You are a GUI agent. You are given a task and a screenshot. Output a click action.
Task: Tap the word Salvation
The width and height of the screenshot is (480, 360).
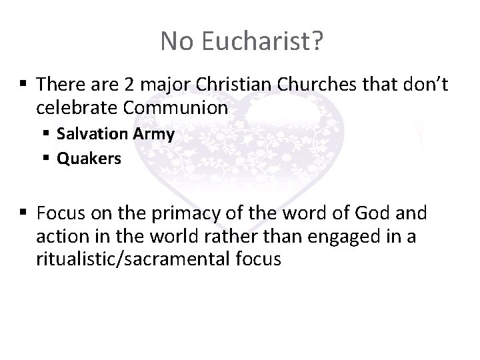click(91, 134)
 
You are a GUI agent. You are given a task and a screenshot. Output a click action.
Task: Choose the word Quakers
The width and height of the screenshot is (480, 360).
click(89, 159)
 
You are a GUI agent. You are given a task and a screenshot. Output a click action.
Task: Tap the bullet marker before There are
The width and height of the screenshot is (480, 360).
click(25, 84)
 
